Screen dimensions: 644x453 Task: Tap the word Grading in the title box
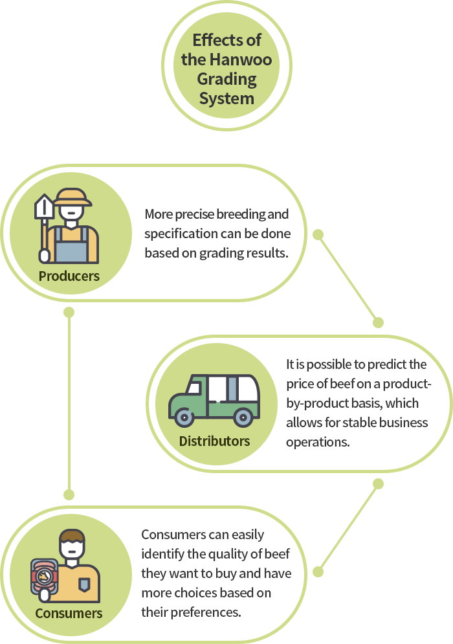click(226, 80)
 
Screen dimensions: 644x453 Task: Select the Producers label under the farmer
click(69, 276)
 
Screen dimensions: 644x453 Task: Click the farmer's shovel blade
click(44, 207)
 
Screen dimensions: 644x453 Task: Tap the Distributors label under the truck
click(214, 441)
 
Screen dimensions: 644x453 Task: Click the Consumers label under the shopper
click(69, 613)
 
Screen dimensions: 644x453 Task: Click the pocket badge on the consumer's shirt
click(83, 585)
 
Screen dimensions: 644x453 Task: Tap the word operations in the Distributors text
click(318, 442)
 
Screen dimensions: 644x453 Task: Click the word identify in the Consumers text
click(163, 554)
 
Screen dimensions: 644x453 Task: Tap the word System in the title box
click(226, 99)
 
